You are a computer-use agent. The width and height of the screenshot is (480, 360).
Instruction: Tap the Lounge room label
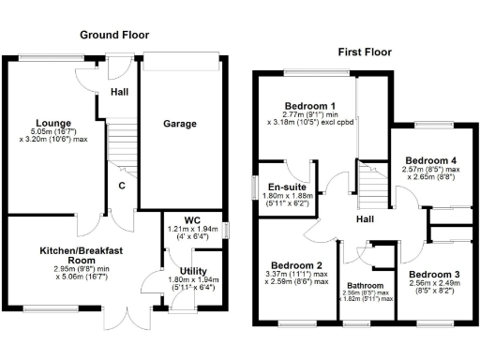(53, 123)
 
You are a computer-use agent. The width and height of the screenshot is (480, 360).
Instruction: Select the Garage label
(181, 123)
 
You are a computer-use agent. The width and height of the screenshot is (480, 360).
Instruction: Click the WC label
(192, 220)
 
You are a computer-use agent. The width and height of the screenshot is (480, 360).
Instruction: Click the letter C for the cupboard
(122, 185)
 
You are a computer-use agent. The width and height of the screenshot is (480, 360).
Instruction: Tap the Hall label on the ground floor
(119, 93)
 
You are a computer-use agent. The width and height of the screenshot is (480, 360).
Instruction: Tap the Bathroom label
(364, 285)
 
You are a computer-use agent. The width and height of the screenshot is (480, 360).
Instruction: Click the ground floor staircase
(119, 145)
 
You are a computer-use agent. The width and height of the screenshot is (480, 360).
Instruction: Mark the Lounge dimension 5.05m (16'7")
(54, 133)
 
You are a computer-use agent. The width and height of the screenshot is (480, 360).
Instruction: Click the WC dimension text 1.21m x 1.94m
(192, 229)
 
